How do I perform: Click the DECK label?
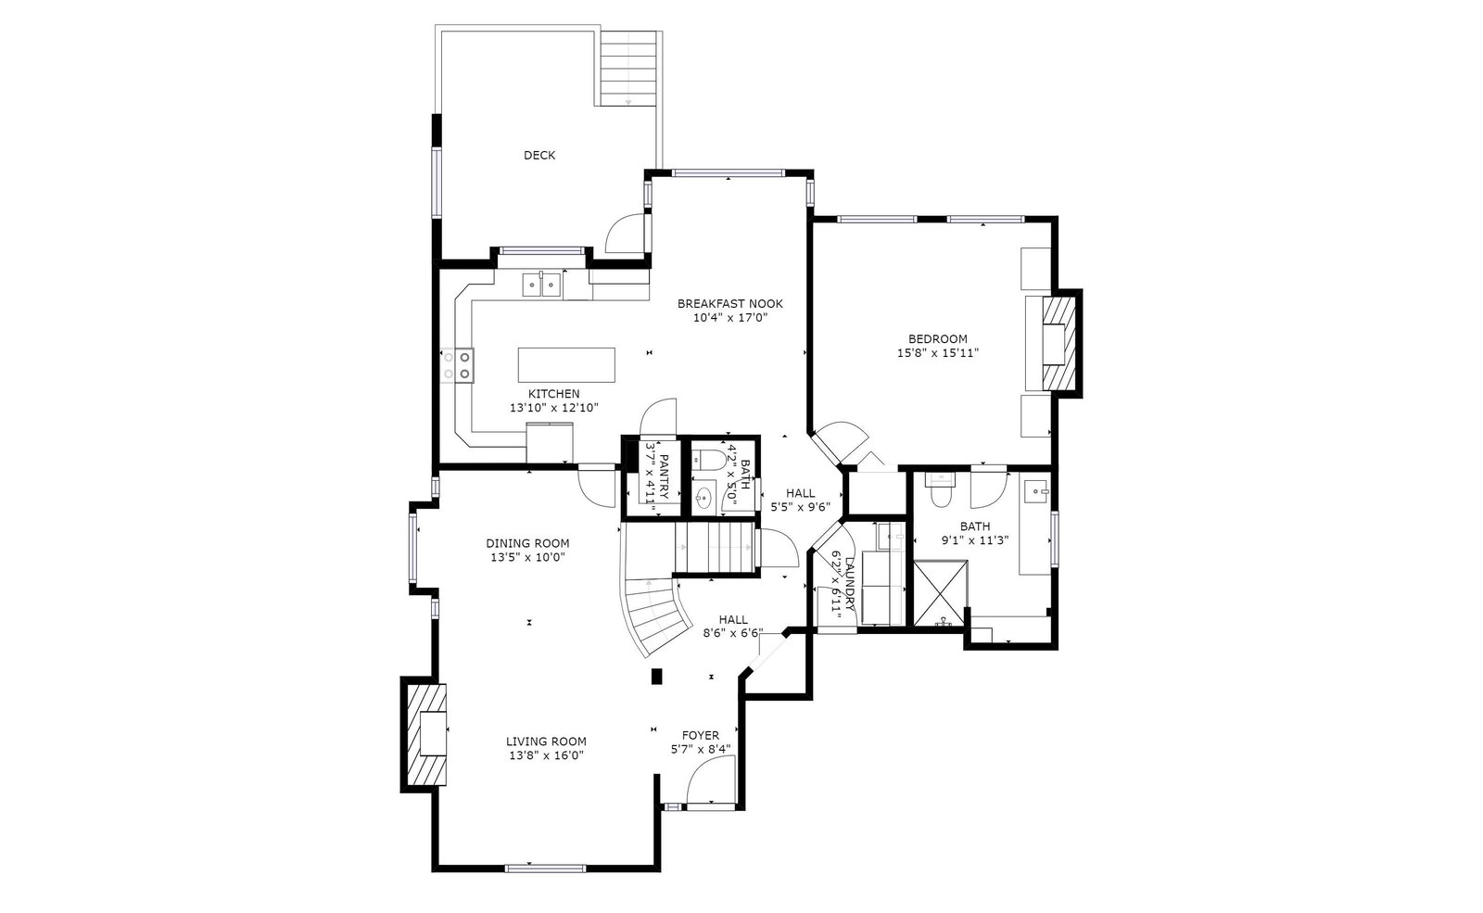[x=539, y=155]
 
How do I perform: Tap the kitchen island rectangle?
[x=566, y=365]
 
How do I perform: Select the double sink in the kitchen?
[x=541, y=285]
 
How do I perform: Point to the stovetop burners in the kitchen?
[x=458, y=365]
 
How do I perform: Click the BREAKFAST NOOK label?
[x=729, y=304]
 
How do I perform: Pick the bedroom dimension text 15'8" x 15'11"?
[x=937, y=353]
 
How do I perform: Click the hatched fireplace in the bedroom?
[x=1058, y=344]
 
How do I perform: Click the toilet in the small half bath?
[x=706, y=458]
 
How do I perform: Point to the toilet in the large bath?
[x=940, y=490]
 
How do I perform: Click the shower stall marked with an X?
[x=940, y=593]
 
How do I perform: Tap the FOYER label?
[x=701, y=736]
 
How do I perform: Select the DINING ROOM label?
[x=527, y=543]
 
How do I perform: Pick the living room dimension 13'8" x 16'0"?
[x=546, y=755]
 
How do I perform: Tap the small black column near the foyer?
[x=657, y=676]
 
